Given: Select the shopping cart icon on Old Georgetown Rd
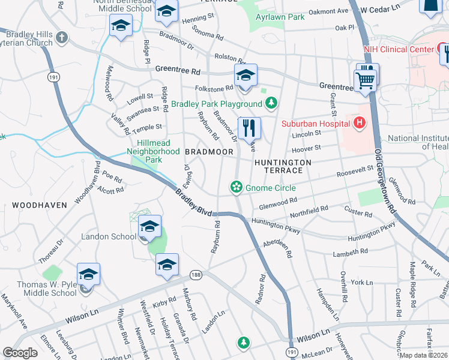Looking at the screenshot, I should click(366, 79).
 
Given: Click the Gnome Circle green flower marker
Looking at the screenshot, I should click(237, 188).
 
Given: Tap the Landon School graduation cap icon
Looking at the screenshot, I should click(149, 227).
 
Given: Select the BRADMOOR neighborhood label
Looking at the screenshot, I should click(208, 152).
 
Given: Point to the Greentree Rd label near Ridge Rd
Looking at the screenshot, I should click(178, 70).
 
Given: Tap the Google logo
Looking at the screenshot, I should click(20, 353).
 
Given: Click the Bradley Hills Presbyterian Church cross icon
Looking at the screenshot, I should click(61, 38).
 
